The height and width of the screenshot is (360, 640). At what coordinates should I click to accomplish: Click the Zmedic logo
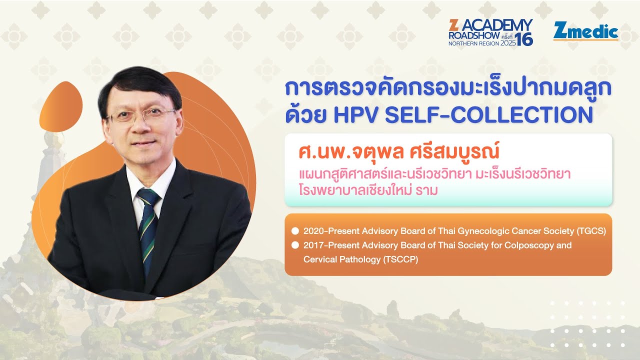pyautogui.click(x=585, y=32)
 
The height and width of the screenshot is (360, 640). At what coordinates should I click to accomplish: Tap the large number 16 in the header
pyautogui.click(x=524, y=39)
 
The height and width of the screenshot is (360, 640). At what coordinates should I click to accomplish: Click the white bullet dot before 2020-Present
pyautogui.click(x=295, y=231)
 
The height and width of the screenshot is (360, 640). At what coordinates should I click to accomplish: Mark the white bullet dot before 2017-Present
pyautogui.click(x=295, y=245)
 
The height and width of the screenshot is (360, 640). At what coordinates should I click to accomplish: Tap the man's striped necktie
pyautogui.click(x=148, y=225)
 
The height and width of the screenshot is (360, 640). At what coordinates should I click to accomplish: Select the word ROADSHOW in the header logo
pyautogui.click(x=470, y=36)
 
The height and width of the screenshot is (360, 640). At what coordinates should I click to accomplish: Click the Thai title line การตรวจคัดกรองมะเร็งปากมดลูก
pyautogui.click(x=448, y=88)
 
